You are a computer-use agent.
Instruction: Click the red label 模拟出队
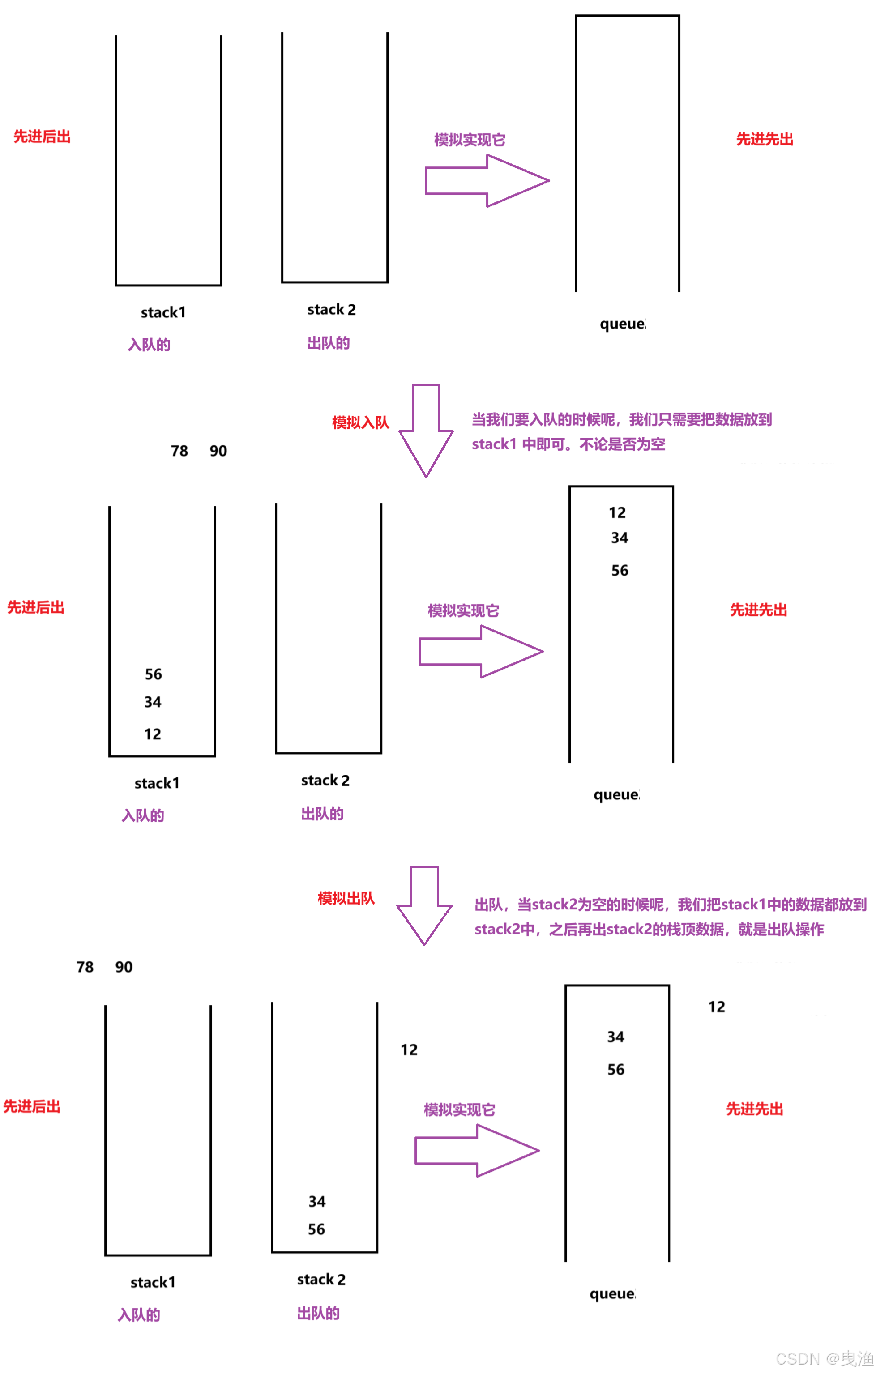pos(346,898)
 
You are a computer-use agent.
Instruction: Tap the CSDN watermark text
pos(824,1359)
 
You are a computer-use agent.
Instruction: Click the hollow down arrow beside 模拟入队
pos(426,431)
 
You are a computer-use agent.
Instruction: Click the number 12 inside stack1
pos(152,734)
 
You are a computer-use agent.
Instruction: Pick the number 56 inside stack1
pos(153,674)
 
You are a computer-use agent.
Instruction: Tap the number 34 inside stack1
pos(152,702)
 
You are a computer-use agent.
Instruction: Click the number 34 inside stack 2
pos(317,1201)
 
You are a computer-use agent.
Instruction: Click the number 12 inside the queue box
pos(617,512)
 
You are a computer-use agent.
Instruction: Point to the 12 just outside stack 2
pos(409,1050)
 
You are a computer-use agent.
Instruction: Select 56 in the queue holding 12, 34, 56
pos(620,570)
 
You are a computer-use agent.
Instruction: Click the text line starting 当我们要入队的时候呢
pos(621,419)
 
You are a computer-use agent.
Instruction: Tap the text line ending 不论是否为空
pos(568,444)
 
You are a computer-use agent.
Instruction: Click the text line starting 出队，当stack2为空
pos(671,905)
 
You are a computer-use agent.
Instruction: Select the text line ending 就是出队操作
pos(649,929)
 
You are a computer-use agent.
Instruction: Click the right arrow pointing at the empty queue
pos(487,181)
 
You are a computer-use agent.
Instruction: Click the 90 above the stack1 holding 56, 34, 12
pos(218,451)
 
